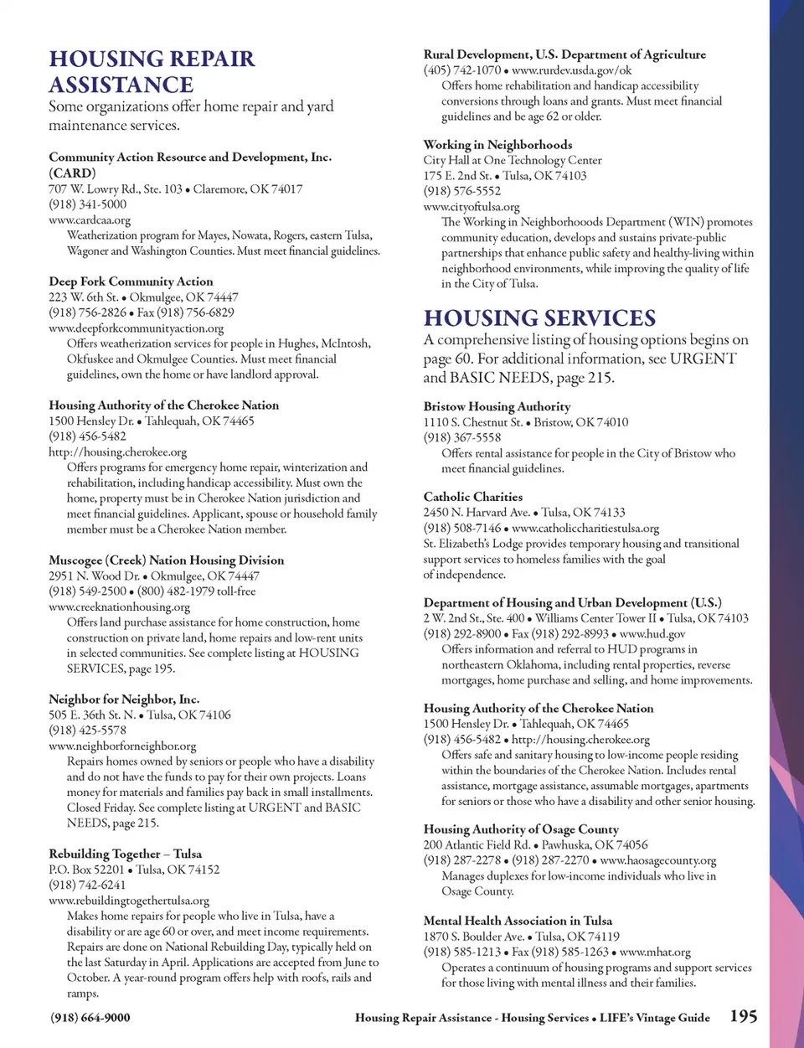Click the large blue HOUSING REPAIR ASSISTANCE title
[x=152, y=71]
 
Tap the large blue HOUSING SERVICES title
[x=539, y=318]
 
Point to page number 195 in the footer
[x=743, y=1016]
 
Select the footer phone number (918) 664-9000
[x=90, y=1017]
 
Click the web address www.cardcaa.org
[x=90, y=220]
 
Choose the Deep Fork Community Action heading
[x=131, y=281]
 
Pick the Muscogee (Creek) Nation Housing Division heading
[x=166, y=560]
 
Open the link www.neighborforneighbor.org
[x=122, y=746]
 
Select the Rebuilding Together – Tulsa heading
[x=125, y=854]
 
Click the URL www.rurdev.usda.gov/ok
[x=571, y=70]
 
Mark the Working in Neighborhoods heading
[x=497, y=144]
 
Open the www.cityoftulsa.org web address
[x=471, y=206]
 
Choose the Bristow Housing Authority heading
[x=497, y=406]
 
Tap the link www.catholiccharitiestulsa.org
[x=585, y=528]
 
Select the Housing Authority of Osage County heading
[x=521, y=829]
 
